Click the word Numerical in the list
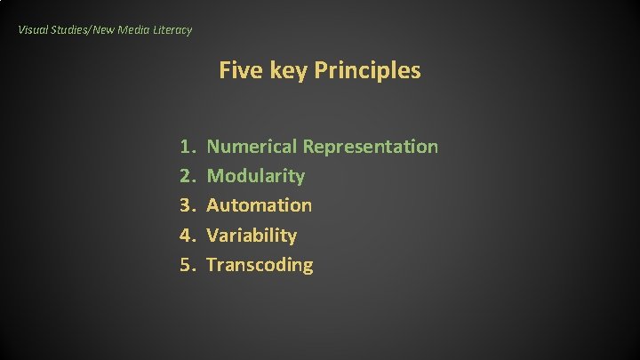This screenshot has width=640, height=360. click(x=252, y=147)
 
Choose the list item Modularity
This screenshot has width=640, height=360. click(x=255, y=176)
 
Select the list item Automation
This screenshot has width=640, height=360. click(x=259, y=205)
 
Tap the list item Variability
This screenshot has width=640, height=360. click(x=252, y=236)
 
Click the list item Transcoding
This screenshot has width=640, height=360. click(x=260, y=265)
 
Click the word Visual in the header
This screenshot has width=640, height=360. click(x=32, y=30)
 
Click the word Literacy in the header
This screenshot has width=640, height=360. click(x=172, y=30)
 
